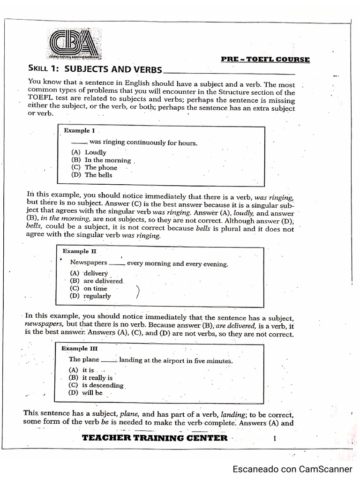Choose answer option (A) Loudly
[x=89, y=152]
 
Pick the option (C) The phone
[x=94, y=167]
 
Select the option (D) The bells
[x=92, y=175]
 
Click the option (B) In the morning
[x=101, y=160]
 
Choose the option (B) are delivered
[x=96, y=281]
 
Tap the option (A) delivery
[x=89, y=273]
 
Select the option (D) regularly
[x=90, y=296]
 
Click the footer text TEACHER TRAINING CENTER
[x=155, y=438]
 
